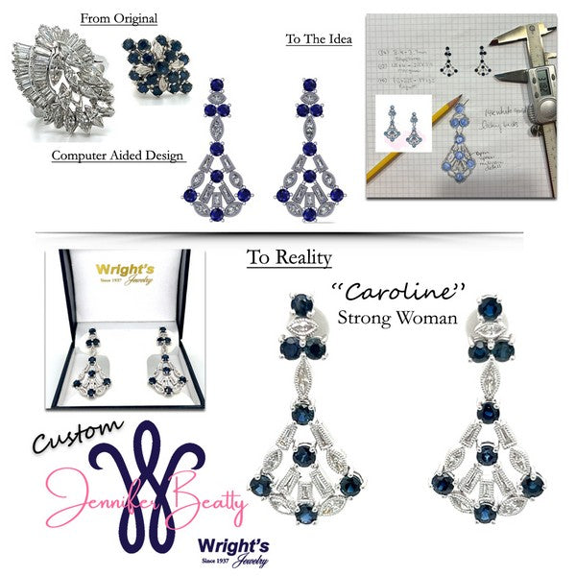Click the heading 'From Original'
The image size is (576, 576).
119,18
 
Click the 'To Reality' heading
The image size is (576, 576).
290,257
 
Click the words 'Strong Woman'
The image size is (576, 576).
397,317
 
